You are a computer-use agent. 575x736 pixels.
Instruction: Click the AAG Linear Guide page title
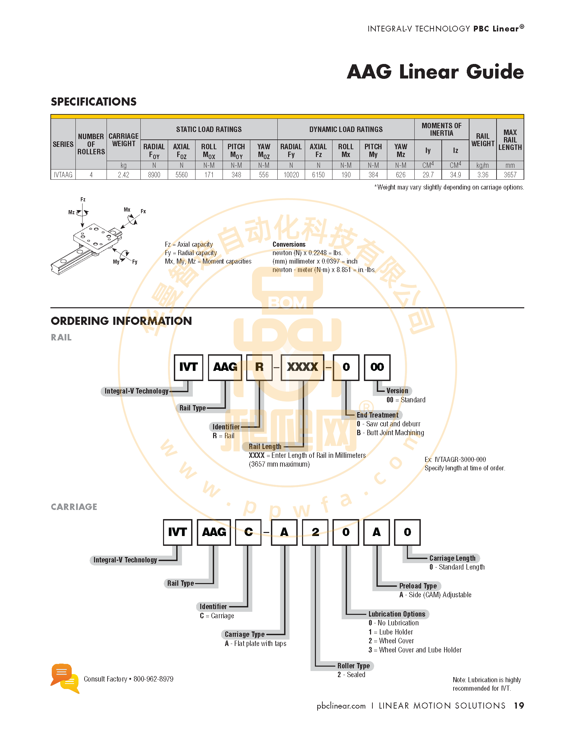pyautogui.click(x=435, y=72)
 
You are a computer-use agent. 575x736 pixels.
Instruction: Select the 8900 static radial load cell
pyautogui.click(x=154, y=175)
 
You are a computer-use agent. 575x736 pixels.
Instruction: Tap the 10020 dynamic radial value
pyautogui.click(x=291, y=175)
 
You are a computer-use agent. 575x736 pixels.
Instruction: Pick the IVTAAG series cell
pyautogui.click(x=63, y=175)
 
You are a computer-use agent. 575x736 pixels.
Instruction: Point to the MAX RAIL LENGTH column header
pyautogui.click(x=510, y=140)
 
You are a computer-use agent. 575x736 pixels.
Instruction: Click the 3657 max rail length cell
pyautogui.click(x=510, y=175)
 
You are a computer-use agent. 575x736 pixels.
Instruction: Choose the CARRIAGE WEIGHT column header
pyautogui.click(x=123, y=140)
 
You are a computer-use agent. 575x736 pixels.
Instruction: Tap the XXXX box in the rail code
pyautogui.click(x=302, y=367)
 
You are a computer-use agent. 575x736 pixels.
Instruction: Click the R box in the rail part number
pyautogui.click(x=259, y=367)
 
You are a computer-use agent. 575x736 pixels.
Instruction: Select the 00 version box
pyautogui.click(x=377, y=367)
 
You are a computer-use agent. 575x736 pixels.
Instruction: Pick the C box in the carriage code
pyautogui.click(x=249, y=532)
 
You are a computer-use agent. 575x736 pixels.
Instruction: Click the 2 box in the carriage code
pyautogui.click(x=315, y=532)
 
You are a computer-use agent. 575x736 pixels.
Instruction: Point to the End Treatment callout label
pyautogui.click(x=377, y=415)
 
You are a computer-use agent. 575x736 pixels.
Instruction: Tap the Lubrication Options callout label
pyautogui.click(x=397, y=614)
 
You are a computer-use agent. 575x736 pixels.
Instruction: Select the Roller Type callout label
pyautogui.click(x=353, y=666)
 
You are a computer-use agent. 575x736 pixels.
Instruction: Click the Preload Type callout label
pyautogui.click(x=418, y=586)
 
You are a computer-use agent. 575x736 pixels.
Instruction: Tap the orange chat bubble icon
pyautogui.click(x=61, y=674)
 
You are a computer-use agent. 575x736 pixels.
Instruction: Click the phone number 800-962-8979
pyautogui.click(x=154, y=679)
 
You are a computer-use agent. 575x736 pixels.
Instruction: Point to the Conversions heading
pyautogui.click(x=289, y=244)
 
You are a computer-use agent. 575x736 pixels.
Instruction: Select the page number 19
pyautogui.click(x=519, y=706)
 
